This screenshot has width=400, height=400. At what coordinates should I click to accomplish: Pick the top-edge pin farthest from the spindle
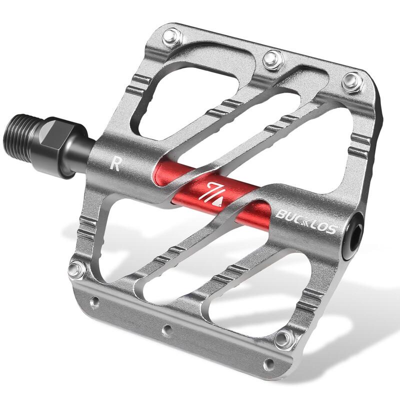352,81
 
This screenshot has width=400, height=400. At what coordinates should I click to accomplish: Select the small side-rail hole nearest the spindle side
93,302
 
